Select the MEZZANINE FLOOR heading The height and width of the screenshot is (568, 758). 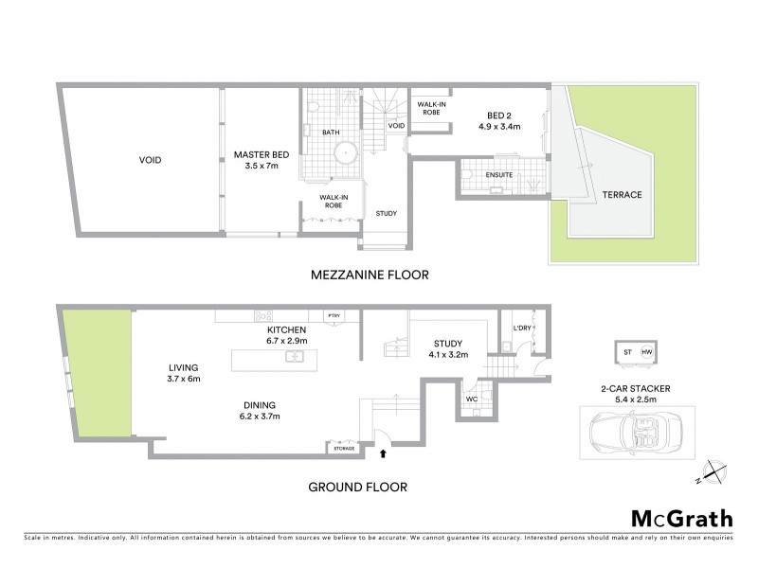point(370,275)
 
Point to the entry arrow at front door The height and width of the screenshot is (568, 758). point(383,454)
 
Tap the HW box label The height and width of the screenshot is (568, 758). point(647,353)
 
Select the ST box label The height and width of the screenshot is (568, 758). point(627,353)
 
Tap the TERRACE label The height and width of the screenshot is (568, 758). point(623,195)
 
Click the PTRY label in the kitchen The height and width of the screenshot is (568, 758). point(334,316)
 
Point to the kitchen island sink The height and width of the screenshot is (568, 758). point(295,356)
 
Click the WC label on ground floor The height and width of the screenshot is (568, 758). point(472,399)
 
